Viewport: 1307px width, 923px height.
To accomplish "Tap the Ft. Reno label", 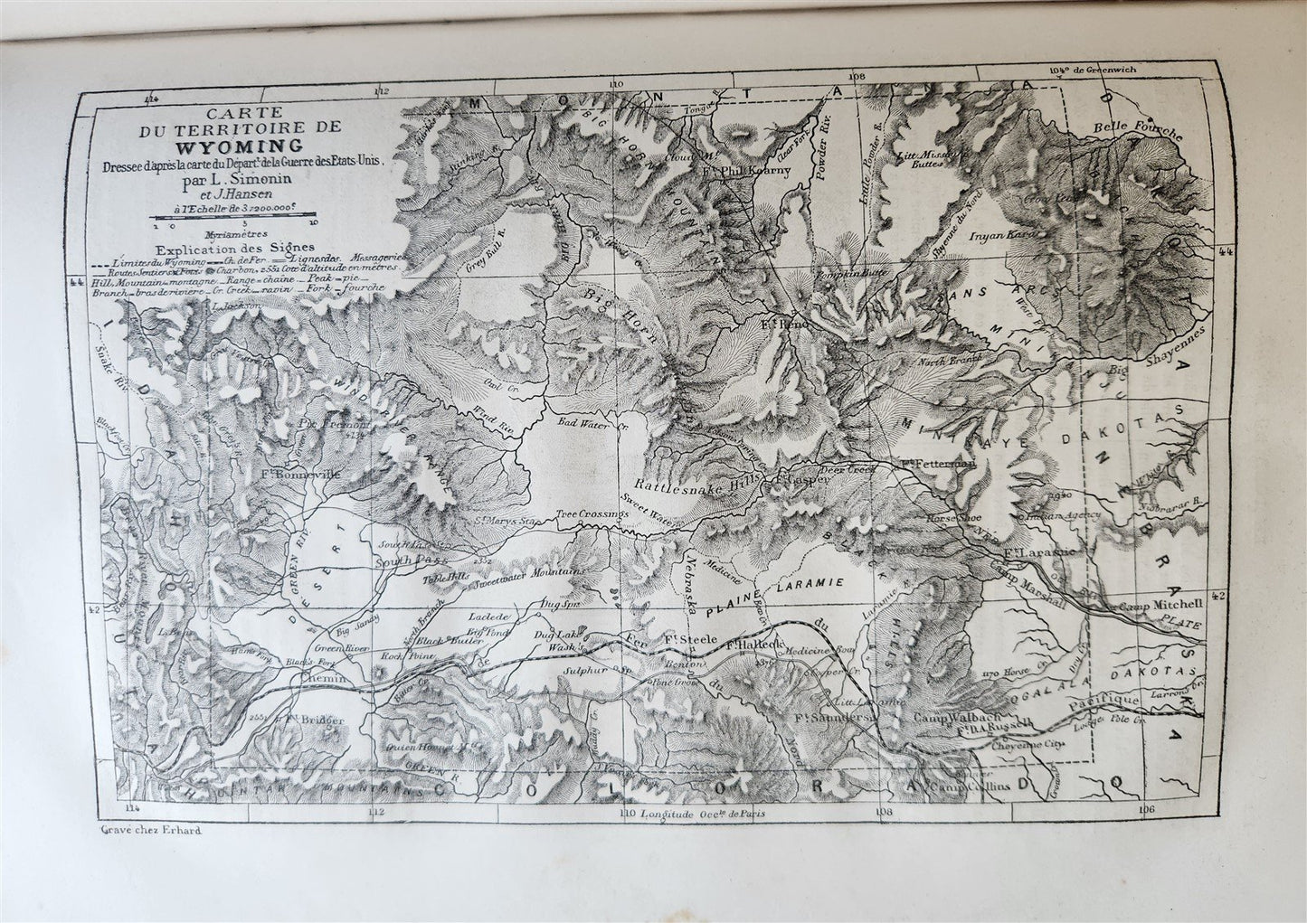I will [x=782, y=322].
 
